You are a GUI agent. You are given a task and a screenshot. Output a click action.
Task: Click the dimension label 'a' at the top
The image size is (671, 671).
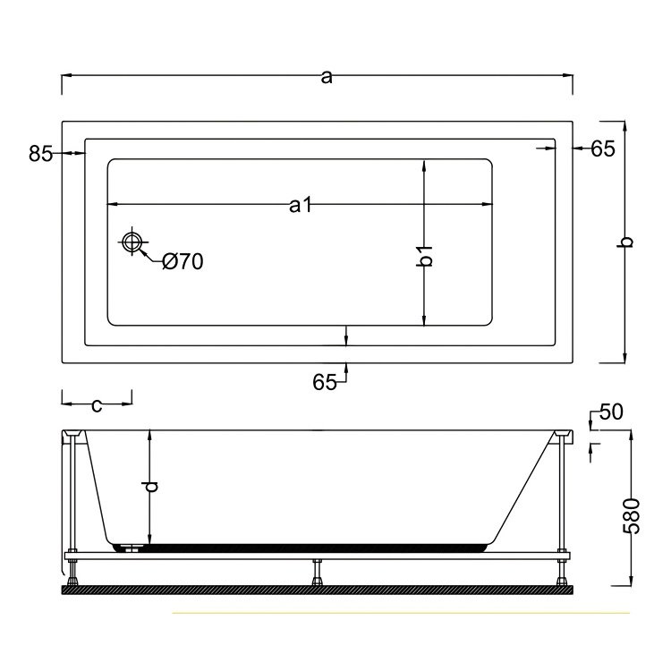pos(327,78)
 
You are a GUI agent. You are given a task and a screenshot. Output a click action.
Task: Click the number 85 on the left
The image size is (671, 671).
pos(40,154)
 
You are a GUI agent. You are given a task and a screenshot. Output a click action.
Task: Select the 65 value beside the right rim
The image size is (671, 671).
pos(603,149)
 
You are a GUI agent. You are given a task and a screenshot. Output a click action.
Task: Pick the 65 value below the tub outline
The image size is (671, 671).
pos(324,382)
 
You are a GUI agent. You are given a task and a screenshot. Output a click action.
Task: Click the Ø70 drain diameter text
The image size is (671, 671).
pos(183,261)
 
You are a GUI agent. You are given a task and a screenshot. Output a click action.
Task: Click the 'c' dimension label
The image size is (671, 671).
pos(97,405)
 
